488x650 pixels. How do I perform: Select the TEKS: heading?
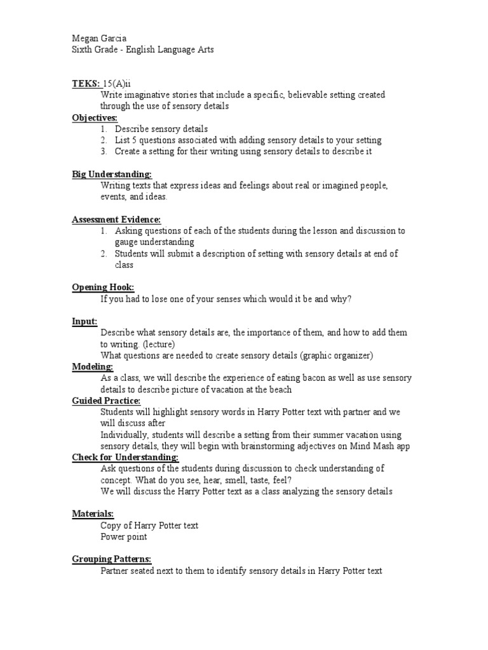(86, 84)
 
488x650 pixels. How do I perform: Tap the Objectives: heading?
(95, 118)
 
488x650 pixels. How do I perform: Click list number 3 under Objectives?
(104, 152)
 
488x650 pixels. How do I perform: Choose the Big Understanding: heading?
(111, 175)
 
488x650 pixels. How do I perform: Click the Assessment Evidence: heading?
(116, 220)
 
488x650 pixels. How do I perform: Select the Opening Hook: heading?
(103, 288)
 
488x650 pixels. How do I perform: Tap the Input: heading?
(85, 322)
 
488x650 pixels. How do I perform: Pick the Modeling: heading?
(92, 367)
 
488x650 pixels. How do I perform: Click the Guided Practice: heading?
(106, 401)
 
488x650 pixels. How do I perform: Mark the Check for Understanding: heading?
(125, 457)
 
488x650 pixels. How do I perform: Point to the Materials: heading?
(93, 514)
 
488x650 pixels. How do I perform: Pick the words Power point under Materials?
(123, 537)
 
